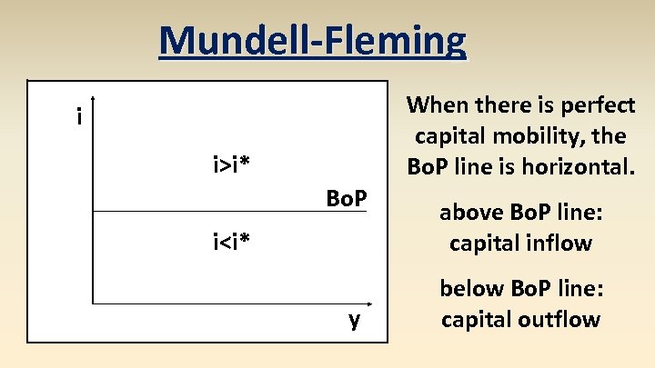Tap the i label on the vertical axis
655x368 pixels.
(x=80, y=117)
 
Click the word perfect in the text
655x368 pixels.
(x=596, y=105)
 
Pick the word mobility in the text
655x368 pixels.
(x=548, y=136)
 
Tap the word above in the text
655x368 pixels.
(x=467, y=213)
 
